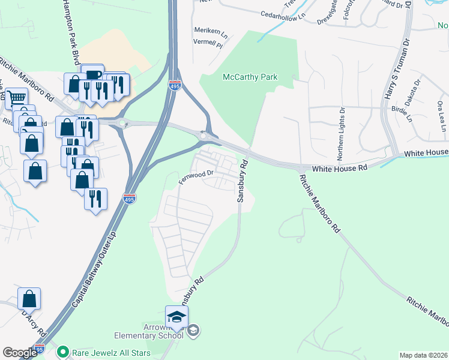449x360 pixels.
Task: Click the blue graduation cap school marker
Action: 177,317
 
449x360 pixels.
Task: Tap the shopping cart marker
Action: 16,97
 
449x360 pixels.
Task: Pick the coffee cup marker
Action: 92,74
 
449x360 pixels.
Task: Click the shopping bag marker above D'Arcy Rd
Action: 29,298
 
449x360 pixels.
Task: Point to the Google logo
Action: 20,353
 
